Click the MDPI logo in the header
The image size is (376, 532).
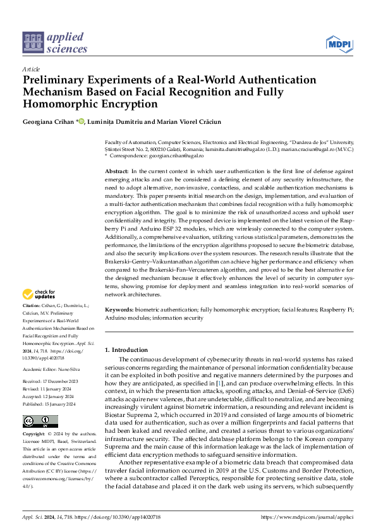point(339,43)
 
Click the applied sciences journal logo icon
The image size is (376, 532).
point(32,42)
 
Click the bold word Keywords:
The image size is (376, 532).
point(118,310)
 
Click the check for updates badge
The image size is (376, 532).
point(39,294)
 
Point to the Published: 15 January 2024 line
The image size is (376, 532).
point(49,386)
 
